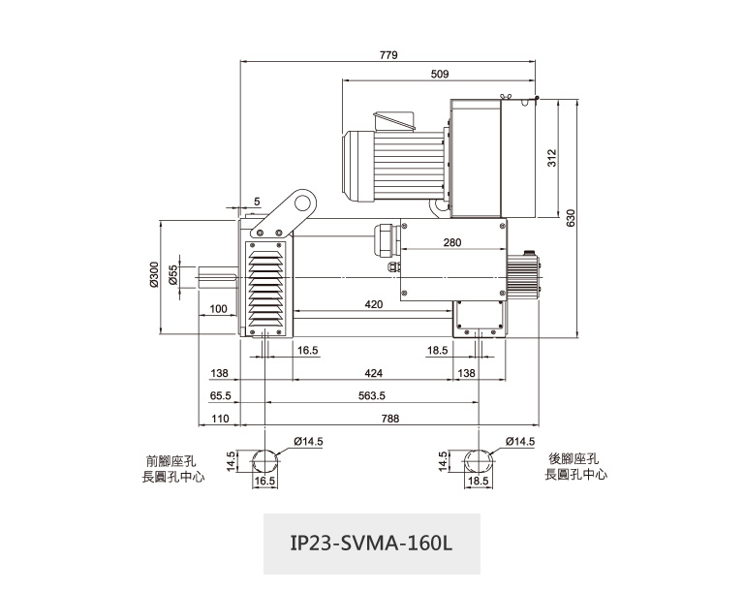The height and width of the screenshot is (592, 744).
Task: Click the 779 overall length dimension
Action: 388,54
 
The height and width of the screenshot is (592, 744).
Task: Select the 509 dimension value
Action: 439,74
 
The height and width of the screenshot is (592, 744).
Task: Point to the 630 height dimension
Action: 571,217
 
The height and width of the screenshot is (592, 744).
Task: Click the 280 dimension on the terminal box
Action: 452,242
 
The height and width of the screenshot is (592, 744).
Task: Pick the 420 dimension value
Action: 374,304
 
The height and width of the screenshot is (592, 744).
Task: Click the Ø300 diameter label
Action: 154,276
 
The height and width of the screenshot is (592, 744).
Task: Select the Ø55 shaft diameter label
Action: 172,276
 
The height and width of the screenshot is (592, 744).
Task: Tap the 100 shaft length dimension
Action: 217,309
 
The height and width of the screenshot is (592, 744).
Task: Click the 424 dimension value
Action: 373,372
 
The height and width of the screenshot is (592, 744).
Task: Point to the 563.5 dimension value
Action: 371,395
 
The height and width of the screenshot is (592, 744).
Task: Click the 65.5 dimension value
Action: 219,395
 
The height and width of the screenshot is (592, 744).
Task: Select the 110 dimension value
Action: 219,419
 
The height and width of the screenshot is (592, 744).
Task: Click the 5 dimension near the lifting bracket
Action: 257,201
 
